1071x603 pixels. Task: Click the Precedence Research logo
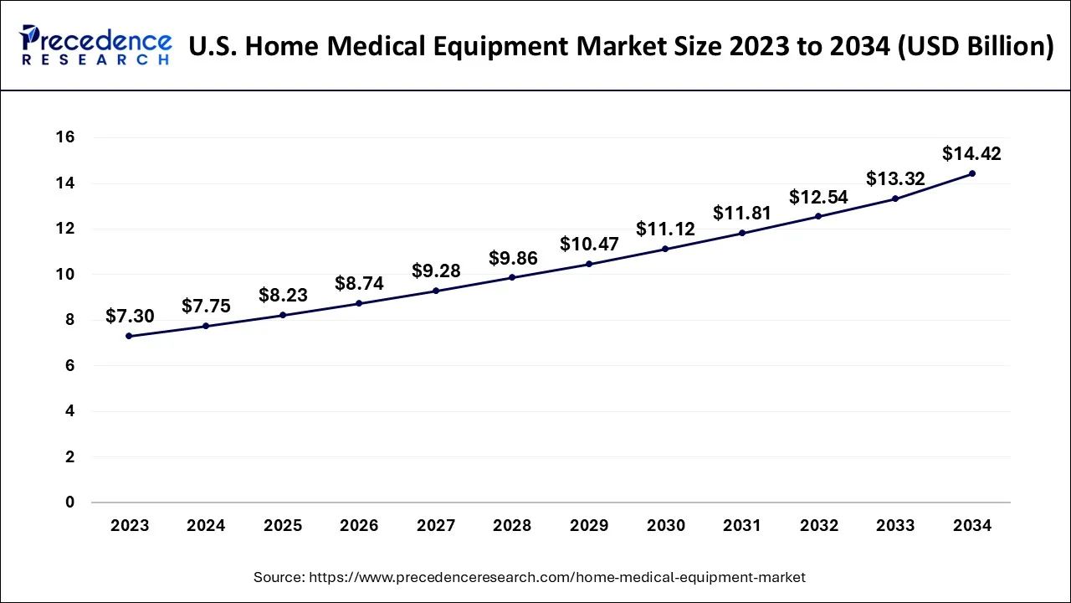tap(95, 45)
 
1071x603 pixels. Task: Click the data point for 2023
tap(129, 336)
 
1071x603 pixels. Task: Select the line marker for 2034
tap(971, 173)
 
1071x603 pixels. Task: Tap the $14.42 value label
tap(971, 153)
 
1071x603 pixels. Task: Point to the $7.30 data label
tap(129, 316)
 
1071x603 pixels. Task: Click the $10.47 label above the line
tap(588, 244)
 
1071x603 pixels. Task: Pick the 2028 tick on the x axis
tap(512, 526)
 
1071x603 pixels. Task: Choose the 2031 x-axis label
tap(741, 526)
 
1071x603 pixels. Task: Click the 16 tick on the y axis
tap(65, 137)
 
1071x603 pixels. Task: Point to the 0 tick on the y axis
tap(70, 502)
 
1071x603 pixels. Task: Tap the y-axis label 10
tap(65, 275)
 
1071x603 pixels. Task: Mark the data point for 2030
tap(665, 249)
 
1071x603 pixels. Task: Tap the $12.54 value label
tap(817, 197)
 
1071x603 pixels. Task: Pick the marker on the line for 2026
tap(359, 303)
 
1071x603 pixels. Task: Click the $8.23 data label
tap(282, 295)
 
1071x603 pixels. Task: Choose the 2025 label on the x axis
tap(283, 526)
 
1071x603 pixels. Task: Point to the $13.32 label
tap(894, 178)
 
